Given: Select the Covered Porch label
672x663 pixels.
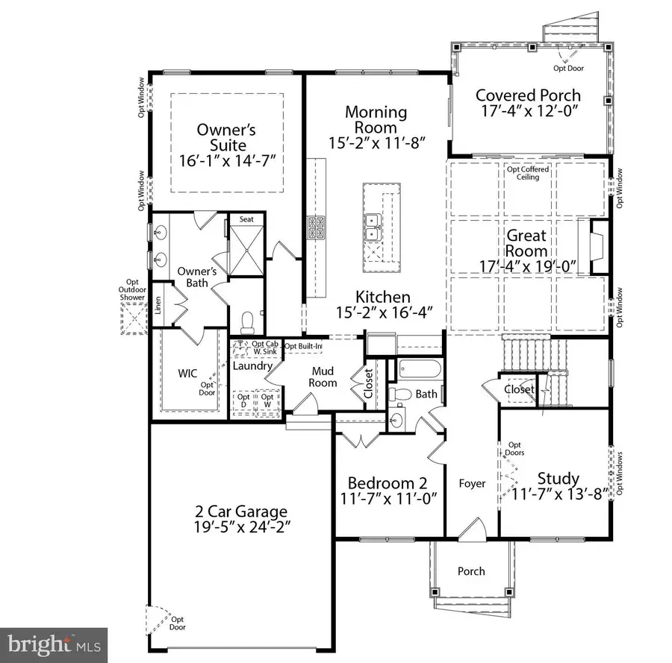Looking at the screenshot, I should pos(528,95).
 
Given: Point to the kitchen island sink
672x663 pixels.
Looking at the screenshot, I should pos(372,226).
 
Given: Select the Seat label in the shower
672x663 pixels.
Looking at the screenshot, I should pos(246,220).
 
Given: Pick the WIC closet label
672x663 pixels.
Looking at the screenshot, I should pos(186,372).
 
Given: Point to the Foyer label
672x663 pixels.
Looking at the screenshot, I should pos(472,483).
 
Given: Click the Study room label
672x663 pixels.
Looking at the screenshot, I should pos(559,478).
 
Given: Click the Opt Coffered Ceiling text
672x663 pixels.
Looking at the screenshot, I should pos(528,173).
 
